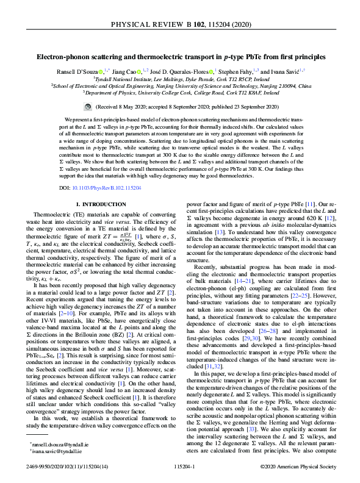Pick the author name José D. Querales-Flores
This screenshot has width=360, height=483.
tap(184, 71)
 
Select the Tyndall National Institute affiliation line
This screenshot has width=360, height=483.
tap(179, 79)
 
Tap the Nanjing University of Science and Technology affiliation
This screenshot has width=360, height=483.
tap(179, 87)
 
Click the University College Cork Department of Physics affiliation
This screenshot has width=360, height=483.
tap(179, 94)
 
